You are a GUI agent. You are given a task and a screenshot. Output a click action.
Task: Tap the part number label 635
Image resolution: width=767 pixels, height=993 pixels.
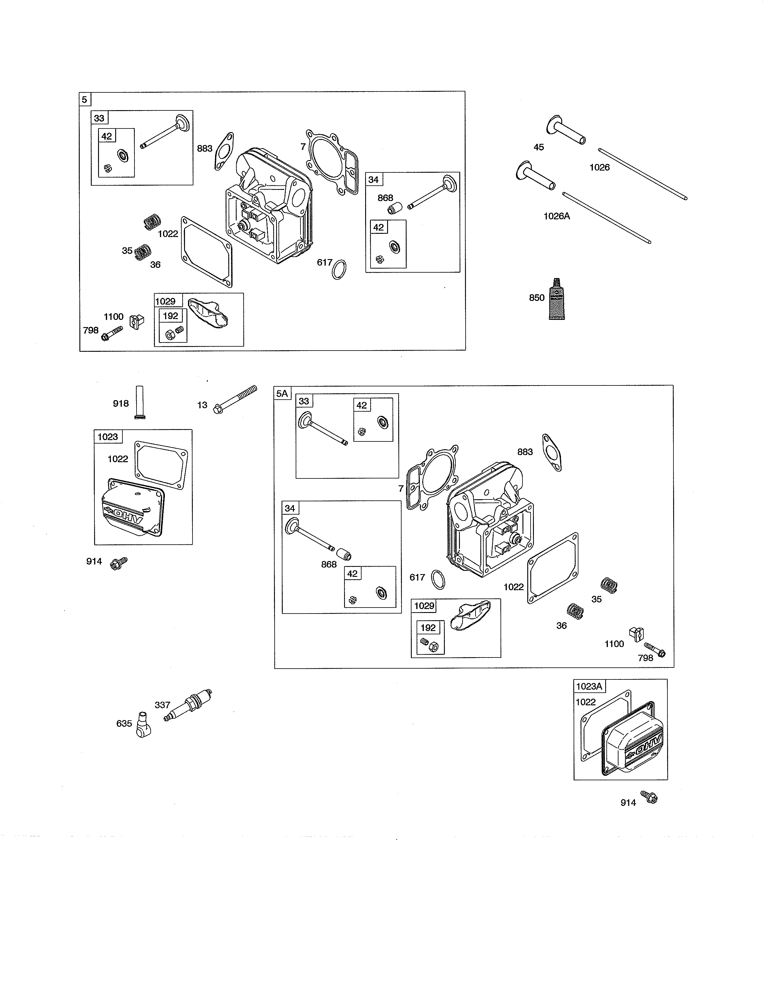124,723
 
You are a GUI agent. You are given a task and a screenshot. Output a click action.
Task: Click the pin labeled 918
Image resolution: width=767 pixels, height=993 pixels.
140,402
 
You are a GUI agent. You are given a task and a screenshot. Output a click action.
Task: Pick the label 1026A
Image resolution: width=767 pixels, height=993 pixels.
557,216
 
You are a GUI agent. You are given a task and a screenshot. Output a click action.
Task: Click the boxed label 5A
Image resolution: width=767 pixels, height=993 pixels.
282,393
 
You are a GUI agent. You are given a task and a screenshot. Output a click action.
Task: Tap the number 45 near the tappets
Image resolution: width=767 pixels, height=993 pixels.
538,147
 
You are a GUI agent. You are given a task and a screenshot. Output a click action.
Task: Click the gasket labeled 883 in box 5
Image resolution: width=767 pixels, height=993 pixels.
224,151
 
